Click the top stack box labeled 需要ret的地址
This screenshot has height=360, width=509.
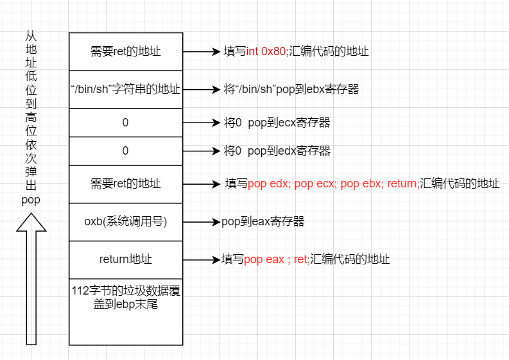click(126, 51)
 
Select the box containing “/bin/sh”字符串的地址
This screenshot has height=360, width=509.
click(126, 89)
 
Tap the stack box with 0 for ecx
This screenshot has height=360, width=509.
click(126, 123)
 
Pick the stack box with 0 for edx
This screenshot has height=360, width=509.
click(126, 151)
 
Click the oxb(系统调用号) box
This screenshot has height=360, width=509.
click(126, 222)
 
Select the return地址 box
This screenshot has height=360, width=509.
click(126, 259)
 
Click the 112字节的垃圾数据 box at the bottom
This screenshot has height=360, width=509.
click(126, 311)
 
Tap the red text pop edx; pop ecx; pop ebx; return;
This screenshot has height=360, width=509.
click(332, 184)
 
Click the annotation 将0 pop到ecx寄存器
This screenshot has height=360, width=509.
click(277, 123)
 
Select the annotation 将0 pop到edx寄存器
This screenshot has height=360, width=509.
click(277, 151)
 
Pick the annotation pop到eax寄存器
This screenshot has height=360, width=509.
click(263, 222)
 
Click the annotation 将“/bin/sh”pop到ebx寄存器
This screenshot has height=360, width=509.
click(291, 89)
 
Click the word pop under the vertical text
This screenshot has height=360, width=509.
click(31, 200)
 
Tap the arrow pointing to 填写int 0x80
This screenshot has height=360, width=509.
click(202, 52)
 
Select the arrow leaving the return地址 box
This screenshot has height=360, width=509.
click(202, 260)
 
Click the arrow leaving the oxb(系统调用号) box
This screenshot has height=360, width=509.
click(202, 222)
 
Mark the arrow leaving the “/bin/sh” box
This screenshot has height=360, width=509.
click(202, 89)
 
